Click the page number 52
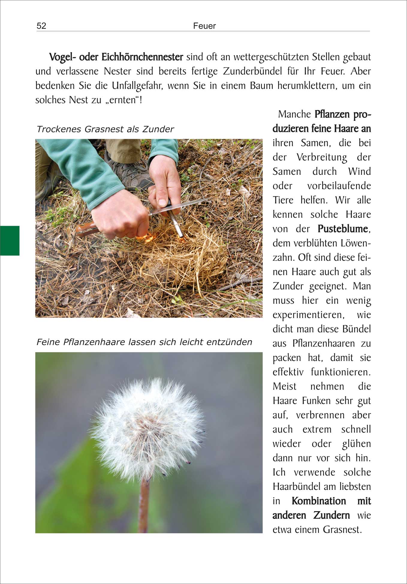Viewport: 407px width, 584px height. click(x=41, y=26)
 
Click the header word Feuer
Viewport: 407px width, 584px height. click(x=204, y=26)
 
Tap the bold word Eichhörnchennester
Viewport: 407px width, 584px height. click(x=142, y=57)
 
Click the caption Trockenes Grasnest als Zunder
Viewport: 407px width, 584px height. click(x=105, y=129)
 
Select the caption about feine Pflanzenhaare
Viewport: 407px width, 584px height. click(x=144, y=342)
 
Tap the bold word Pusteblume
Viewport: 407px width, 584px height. click(x=343, y=229)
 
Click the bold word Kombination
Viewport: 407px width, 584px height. click(x=319, y=501)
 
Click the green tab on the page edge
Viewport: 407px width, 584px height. click(x=10, y=240)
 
